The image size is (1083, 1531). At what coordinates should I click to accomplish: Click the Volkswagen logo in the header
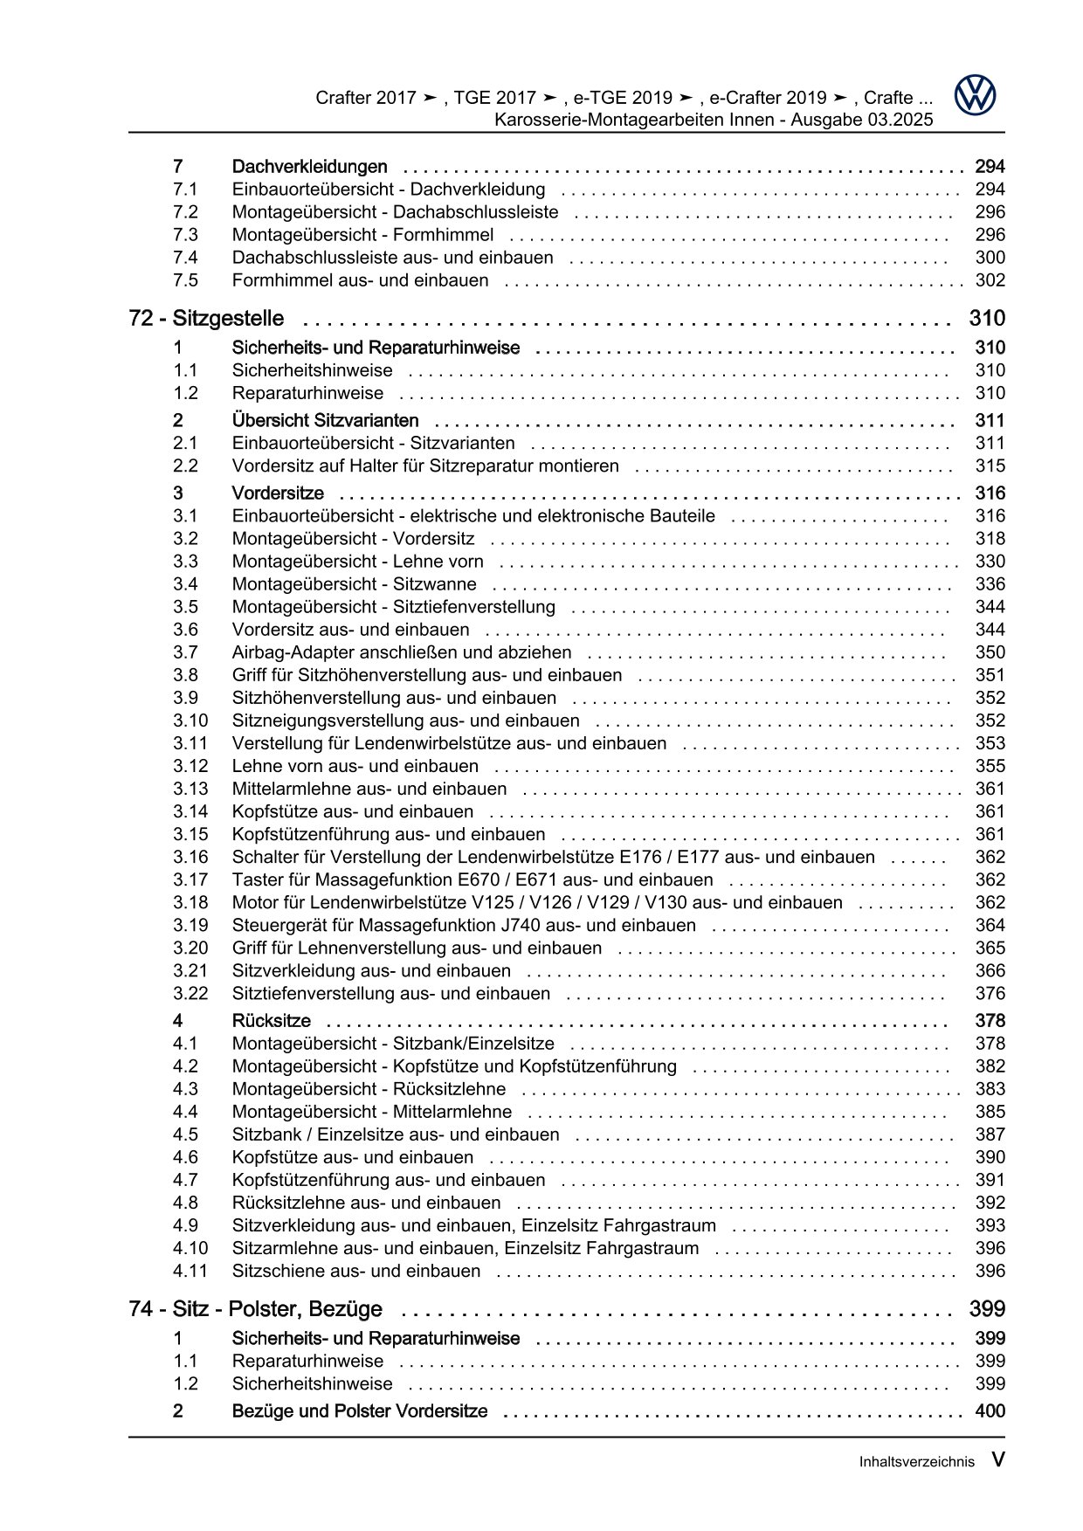[975, 94]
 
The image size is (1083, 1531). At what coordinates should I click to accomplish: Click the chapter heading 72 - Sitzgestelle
[206, 319]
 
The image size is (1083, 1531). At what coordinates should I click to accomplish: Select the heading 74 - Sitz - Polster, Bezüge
[255, 1309]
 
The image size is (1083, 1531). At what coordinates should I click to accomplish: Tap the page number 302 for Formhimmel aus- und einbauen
[990, 280]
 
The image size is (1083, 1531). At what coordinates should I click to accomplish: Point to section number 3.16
[190, 857]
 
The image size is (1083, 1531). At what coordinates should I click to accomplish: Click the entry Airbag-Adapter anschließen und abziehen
[402, 652]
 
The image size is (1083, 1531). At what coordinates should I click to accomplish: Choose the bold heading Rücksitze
[271, 1021]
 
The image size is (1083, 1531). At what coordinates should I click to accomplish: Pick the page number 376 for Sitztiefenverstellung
[990, 993]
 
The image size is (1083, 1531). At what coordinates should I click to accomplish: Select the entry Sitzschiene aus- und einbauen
[356, 1271]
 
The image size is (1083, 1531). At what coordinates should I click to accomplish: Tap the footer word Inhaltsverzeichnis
[916, 1462]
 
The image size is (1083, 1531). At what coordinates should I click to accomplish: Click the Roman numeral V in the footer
[997, 1460]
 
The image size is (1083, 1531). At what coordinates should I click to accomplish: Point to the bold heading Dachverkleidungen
[309, 167]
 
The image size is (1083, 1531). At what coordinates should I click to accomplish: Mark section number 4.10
[190, 1248]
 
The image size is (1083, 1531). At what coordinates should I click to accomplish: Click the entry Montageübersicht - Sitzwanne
[354, 584]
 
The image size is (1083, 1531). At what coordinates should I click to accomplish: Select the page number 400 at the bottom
[990, 1411]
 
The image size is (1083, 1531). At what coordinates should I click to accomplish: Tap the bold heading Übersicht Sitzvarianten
[325, 421]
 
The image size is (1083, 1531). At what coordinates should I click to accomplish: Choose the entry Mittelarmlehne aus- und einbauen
[369, 789]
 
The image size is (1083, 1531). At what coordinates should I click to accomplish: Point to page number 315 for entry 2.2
[990, 466]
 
